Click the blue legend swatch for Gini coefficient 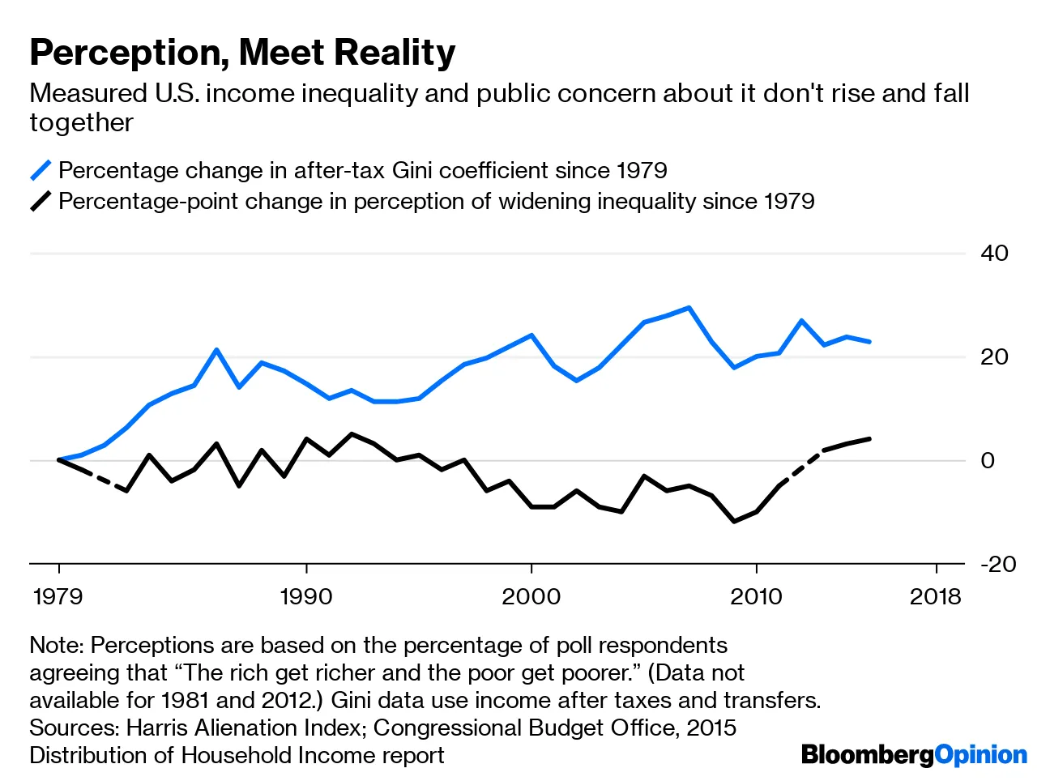41,171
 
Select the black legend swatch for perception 41,201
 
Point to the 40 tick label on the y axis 994,254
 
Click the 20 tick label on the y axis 994,357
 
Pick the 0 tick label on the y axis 988,461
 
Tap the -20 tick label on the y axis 997,564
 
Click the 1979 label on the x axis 58,597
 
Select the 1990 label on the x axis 306,597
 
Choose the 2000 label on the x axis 531,597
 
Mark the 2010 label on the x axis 756,597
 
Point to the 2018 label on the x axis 935,597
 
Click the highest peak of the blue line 689,308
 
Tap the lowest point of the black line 734,521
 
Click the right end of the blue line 869,342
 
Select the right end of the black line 869,439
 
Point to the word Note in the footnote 56,646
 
